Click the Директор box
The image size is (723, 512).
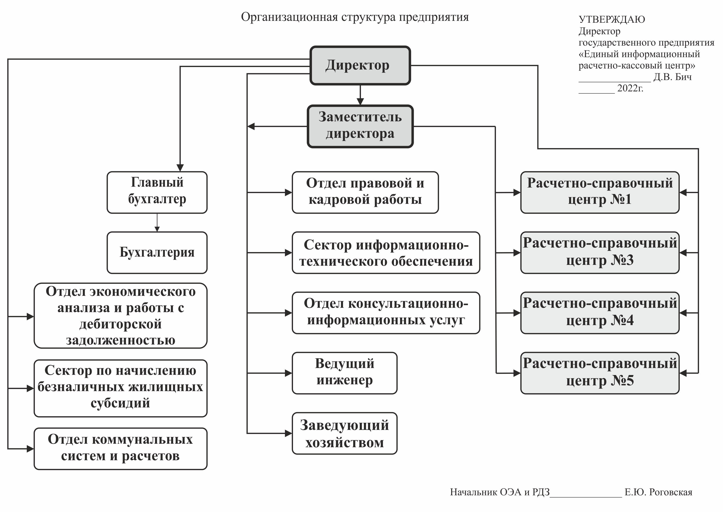pyautogui.click(x=360, y=66)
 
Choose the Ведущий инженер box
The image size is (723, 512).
pyautogui.click(x=345, y=373)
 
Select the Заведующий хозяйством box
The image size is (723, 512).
pyautogui.click(x=345, y=433)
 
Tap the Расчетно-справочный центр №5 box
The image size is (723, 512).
pyautogui.click(x=600, y=373)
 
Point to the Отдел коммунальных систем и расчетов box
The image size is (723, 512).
pyautogui.click(x=121, y=449)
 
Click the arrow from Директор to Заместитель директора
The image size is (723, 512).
pyautogui.click(x=360, y=95)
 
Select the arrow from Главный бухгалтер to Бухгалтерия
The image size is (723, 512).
pyautogui.click(x=157, y=223)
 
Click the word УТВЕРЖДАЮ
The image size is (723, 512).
pyautogui.click(x=612, y=20)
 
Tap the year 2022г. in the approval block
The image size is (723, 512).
pyautogui.click(x=630, y=88)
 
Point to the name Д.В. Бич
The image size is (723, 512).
pyautogui.click(x=673, y=77)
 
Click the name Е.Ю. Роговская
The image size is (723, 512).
pyautogui.click(x=659, y=492)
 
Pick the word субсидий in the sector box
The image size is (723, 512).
pyautogui.click(x=120, y=403)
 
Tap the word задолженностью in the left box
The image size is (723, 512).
pyautogui.click(x=121, y=340)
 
